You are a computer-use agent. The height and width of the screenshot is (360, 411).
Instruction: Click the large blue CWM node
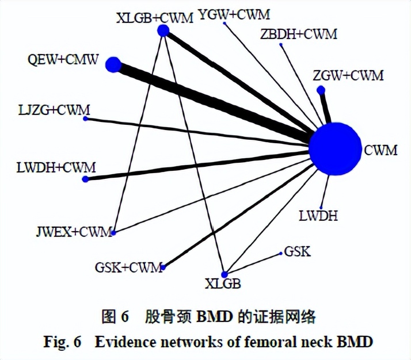pos(333,149)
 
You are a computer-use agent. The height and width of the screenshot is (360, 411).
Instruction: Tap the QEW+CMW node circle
pos(113,64)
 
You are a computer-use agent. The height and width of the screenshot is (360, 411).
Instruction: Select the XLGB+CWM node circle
pos(163,30)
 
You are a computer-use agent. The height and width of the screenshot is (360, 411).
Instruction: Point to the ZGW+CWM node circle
pos(321,89)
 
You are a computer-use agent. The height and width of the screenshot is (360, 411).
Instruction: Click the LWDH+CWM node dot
pos(86,179)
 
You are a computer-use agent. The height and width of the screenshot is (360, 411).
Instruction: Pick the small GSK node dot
pos(280,254)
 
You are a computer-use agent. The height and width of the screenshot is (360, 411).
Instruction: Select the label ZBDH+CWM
pos(299,35)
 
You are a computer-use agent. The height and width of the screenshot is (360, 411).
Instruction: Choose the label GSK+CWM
pos(129,268)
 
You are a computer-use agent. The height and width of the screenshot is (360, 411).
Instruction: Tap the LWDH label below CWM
pos(318,217)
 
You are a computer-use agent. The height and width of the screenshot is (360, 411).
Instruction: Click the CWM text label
pos(380,151)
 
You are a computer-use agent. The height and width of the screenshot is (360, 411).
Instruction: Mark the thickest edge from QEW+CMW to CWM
pos(213,102)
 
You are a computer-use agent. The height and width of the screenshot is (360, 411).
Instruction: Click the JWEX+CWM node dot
pos(114,233)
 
